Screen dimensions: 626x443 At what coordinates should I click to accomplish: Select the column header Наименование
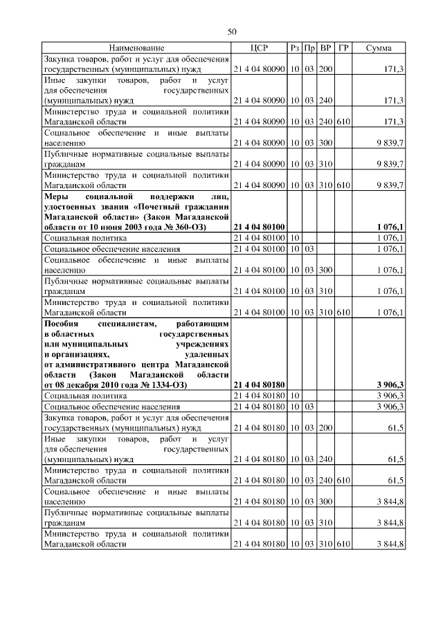136,48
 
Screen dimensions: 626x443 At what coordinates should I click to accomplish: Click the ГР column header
343,48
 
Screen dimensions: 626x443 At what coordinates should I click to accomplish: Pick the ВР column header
325,48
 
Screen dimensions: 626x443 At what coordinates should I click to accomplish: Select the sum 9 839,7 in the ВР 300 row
390,142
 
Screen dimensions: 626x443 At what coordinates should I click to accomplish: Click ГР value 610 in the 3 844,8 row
343,545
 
